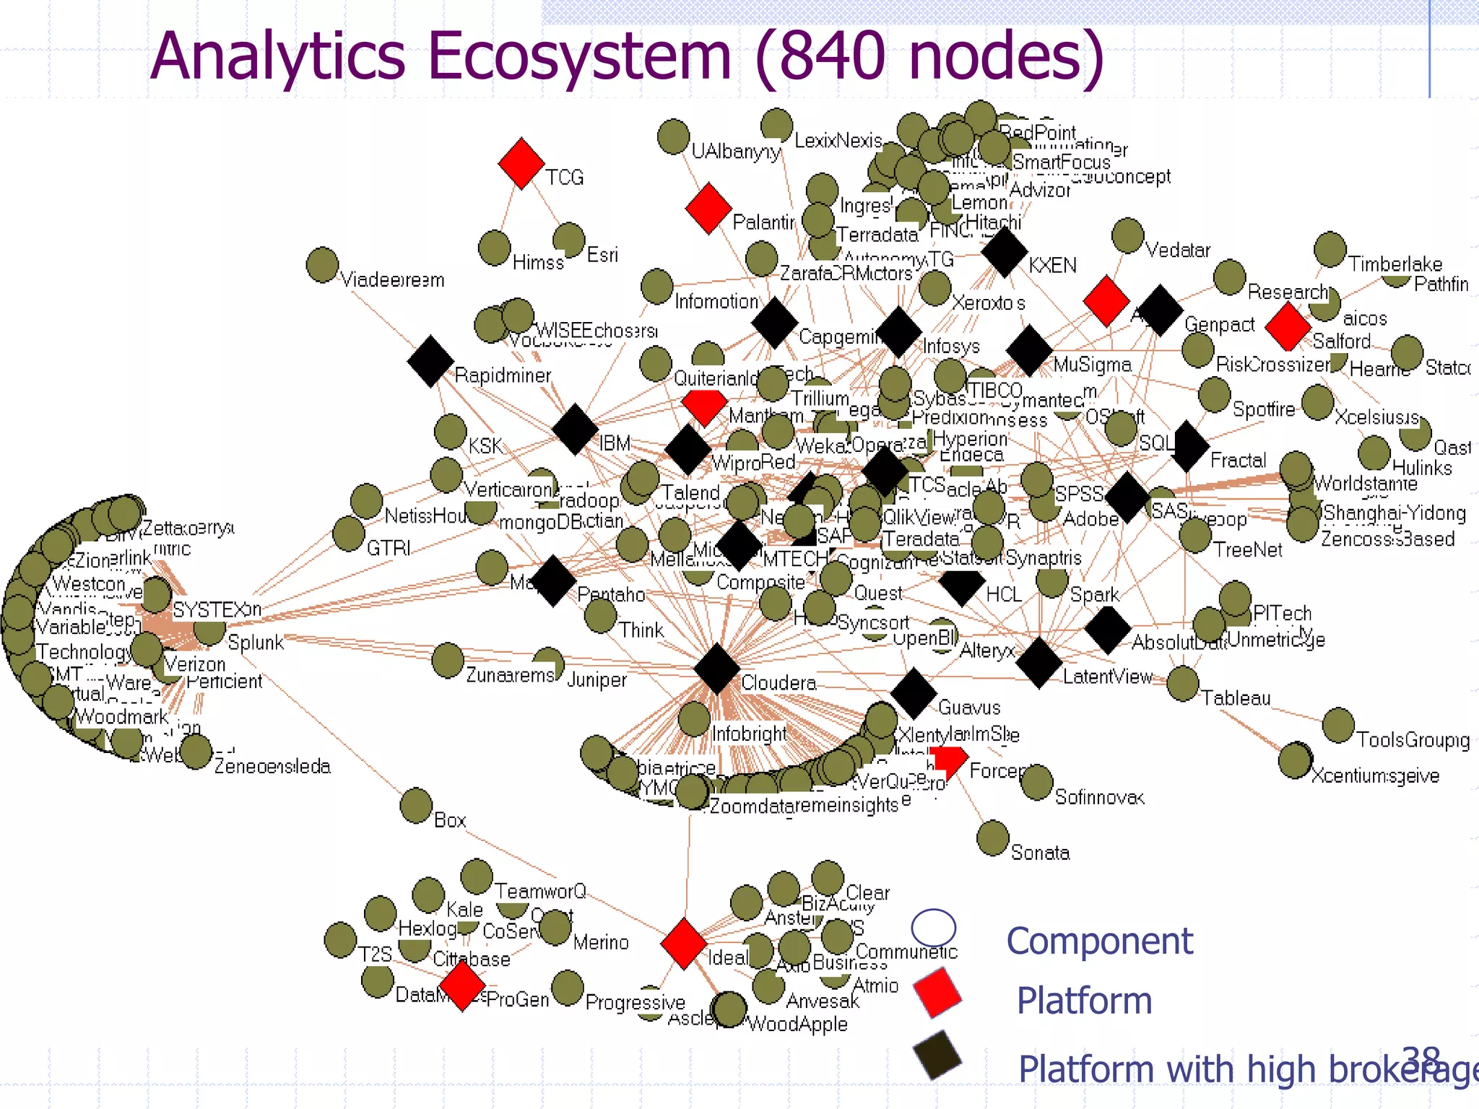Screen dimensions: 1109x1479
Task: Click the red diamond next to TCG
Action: (x=521, y=163)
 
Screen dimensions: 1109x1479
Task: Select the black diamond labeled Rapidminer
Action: (x=430, y=360)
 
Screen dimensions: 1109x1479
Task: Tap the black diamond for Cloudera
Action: (x=716, y=668)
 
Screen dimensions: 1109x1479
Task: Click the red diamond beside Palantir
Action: (x=708, y=208)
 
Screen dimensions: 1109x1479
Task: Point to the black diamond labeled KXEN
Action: (x=1004, y=252)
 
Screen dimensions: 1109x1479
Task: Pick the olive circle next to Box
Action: (x=416, y=805)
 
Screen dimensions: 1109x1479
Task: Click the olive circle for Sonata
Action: (x=992, y=837)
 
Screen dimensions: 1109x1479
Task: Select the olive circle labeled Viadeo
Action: (x=322, y=264)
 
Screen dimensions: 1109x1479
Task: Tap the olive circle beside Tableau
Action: (x=1182, y=683)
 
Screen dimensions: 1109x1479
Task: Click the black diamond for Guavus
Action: (x=914, y=692)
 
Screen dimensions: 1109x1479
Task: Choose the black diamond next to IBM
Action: (x=575, y=429)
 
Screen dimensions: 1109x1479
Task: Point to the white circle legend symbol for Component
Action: (x=933, y=928)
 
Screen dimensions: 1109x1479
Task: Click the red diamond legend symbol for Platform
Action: (x=937, y=993)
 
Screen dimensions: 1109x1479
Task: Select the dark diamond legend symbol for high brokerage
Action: (x=937, y=1055)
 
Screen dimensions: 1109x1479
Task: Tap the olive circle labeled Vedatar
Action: (x=1127, y=235)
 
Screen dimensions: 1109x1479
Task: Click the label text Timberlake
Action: (x=1395, y=264)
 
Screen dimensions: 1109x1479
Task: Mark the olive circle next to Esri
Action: (x=568, y=240)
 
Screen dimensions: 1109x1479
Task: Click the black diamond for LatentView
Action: (x=1038, y=662)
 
